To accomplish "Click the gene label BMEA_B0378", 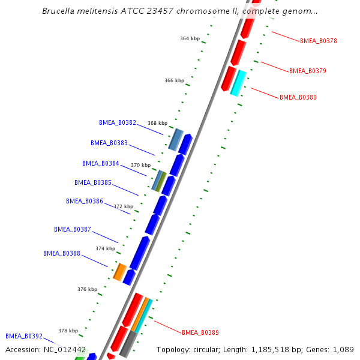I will coord(318,41).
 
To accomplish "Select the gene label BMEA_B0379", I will coord(307,71).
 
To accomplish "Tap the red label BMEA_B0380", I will coord(298,97).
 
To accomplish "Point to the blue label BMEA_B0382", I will coord(118,122).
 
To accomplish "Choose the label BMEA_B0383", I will coord(109,143).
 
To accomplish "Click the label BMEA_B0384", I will coord(101,163).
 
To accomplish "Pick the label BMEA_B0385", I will coord(93,182).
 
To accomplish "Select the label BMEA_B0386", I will coord(85,202).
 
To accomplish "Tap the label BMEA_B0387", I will coord(73,229).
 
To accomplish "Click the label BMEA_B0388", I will coord(62,253).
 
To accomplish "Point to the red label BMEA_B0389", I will coord(200,332).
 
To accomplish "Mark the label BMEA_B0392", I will coord(24,337).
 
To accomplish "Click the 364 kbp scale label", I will coord(190,38).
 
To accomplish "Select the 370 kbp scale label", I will coord(140,165).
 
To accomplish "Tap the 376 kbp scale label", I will coord(87,289).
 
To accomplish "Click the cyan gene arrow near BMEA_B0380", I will coord(238,83).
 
